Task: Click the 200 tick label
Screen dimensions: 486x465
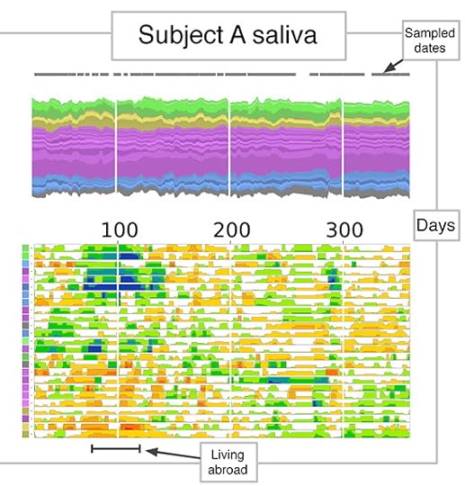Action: [x=231, y=229]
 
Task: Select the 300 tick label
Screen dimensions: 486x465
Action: [x=344, y=229]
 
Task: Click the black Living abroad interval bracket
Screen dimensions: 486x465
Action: [x=116, y=447]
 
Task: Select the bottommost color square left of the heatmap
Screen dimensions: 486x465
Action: [x=27, y=433]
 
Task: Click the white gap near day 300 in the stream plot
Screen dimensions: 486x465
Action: [x=344, y=144]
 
